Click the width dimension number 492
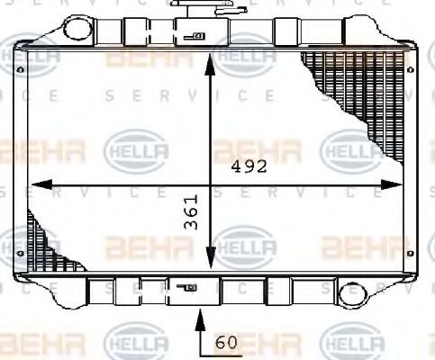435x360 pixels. point(248,167)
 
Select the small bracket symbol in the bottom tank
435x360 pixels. point(190,290)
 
